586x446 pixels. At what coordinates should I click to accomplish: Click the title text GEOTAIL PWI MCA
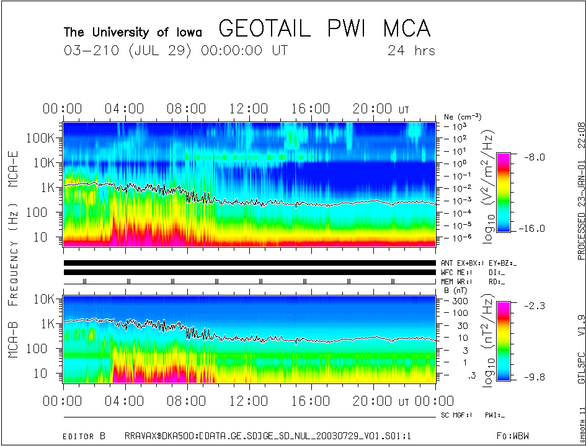(x=324, y=28)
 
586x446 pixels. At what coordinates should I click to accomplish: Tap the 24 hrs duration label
(x=411, y=50)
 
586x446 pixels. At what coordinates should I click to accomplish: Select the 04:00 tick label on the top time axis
(x=125, y=109)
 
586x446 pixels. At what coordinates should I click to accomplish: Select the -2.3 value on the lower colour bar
(x=531, y=305)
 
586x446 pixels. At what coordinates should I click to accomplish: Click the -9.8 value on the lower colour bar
(x=531, y=376)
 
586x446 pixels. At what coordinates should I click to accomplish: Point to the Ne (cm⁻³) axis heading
(x=463, y=116)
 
